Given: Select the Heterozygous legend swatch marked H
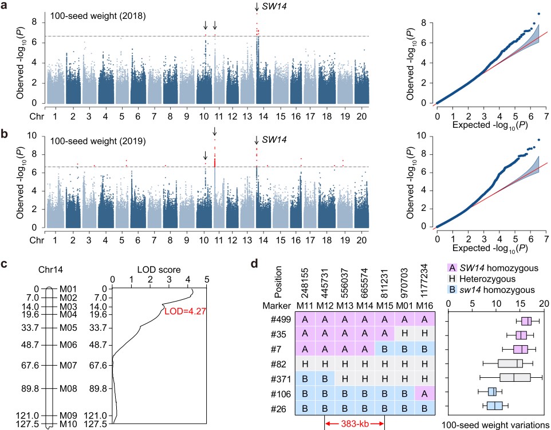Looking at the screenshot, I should point(452,280).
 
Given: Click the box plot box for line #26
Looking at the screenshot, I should point(494,406).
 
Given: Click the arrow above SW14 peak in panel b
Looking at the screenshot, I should point(257,141).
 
